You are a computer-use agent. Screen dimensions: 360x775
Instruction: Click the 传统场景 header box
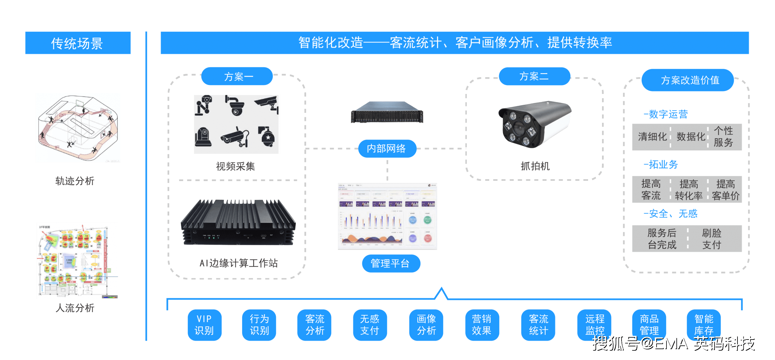pyautogui.click(x=77, y=43)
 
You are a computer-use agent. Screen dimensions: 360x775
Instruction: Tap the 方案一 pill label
pyautogui.click(x=237, y=76)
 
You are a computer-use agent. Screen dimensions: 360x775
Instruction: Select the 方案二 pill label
pyautogui.click(x=534, y=76)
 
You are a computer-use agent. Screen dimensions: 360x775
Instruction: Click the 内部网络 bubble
pyautogui.click(x=387, y=149)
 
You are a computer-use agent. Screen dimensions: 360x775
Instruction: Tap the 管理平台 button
pyautogui.click(x=391, y=264)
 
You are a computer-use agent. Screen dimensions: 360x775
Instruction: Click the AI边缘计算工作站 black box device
pyautogui.click(x=238, y=223)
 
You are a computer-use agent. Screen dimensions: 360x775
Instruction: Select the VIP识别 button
pyautogui.click(x=204, y=325)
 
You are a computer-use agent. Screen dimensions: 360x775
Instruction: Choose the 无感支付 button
pyautogui.click(x=370, y=325)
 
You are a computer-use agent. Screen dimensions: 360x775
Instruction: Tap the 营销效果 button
pyautogui.click(x=482, y=325)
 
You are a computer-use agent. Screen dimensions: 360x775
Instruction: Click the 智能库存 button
pyautogui.click(x=704, y=325)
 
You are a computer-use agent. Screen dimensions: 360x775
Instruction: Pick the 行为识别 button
pyautogui.click(x=259, y=325)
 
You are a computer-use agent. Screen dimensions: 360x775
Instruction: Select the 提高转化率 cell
pyautogui.click(x=689, y=190)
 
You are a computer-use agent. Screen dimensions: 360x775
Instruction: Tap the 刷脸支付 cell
pyautogui.click(x=712, y=239)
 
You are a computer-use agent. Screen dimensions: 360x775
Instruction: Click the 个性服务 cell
pyautogui.click(x=724, y=137)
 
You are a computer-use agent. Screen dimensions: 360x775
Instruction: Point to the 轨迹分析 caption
pyautogui.click(x=75, y=181)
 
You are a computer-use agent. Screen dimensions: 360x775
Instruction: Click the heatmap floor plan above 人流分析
pyautogui.click(x=77, y=260)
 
